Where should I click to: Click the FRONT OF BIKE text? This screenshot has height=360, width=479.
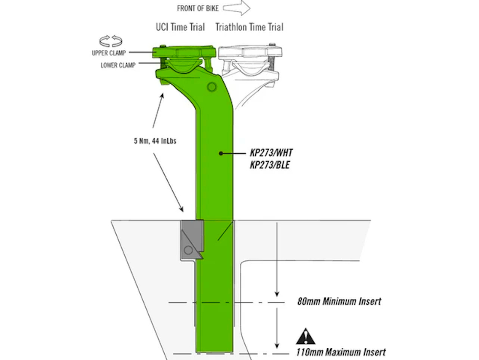coord(197,8)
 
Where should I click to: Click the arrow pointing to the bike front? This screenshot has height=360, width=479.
coord(237,8)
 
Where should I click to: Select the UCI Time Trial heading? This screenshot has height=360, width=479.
coord(180,27)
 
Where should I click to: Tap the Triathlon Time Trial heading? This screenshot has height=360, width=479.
coord(249,27)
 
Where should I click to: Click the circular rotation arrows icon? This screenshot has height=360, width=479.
coord(111,41)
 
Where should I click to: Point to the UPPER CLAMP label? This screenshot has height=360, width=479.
coord(108,53)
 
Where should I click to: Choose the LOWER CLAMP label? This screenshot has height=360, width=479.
coord(118,65)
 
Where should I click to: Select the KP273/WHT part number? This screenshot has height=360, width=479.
coord(271,153)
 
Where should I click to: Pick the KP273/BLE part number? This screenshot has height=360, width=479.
coord(270,165)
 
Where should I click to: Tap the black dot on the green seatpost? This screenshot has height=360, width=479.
coord(220,154)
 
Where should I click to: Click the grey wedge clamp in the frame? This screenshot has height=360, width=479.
coord(191,240)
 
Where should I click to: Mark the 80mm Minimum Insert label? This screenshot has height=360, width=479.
coord(339,301)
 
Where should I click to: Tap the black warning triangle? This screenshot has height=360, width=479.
coord(305,337)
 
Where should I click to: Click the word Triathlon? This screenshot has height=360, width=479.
coord(233,27)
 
